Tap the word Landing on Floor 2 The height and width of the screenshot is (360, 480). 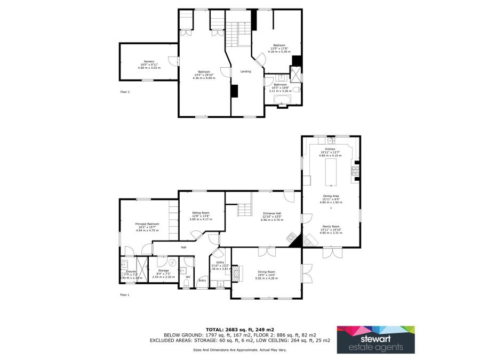click(245, 71)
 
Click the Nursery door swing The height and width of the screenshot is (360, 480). click(172, 60)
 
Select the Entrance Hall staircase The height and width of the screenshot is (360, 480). click(244, 209)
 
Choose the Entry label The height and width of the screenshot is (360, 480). click(202, 281)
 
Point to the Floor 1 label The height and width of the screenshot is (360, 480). click(124, 294)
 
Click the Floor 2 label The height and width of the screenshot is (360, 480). click(124, 92)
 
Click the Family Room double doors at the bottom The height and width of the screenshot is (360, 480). click(331, 252)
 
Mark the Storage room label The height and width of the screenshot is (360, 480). click(163, 271)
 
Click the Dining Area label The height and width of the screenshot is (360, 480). click(331, 197)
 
